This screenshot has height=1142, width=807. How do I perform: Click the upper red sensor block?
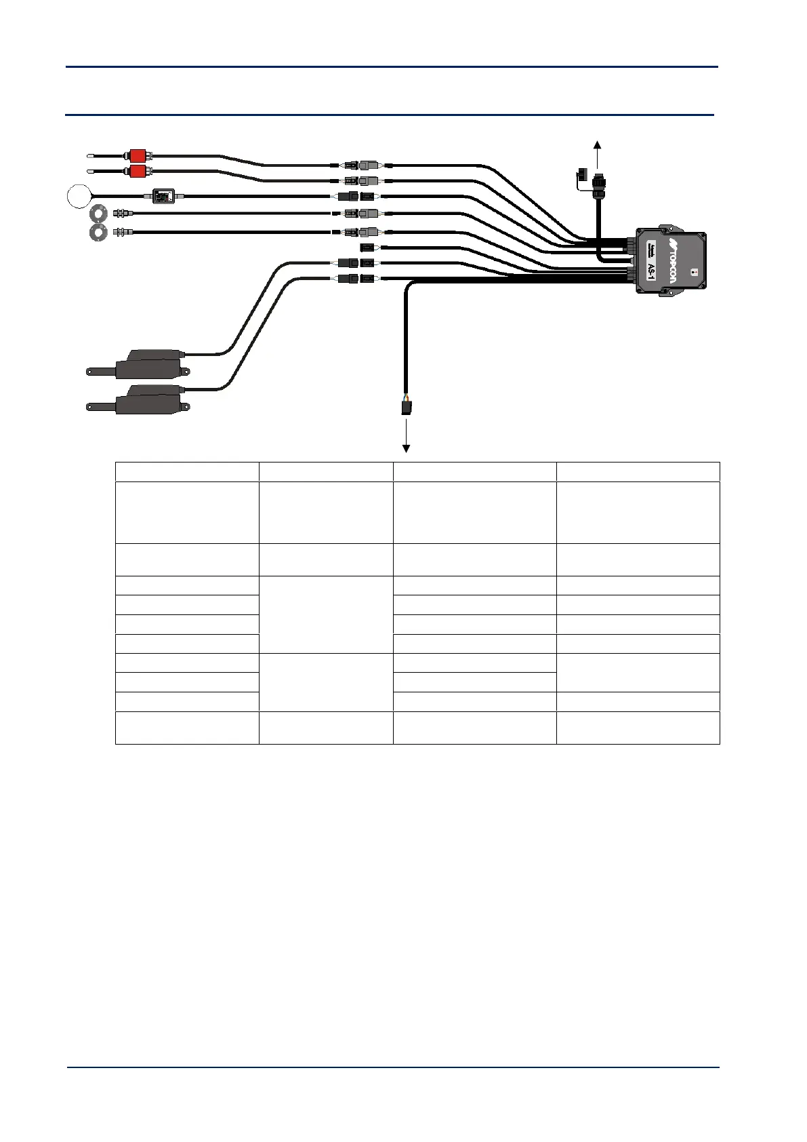(138, 155)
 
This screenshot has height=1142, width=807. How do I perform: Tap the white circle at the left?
(79, 196)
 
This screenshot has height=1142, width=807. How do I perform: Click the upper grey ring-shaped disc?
(99, 213)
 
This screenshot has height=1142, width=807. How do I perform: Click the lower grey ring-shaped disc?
(99, 232)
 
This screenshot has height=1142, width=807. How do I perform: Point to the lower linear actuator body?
(149, 399)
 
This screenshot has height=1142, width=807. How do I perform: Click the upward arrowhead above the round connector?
(597, 144)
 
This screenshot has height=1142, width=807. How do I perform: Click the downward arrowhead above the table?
(407, 448)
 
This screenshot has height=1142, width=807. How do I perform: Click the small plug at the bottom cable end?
(405, 408)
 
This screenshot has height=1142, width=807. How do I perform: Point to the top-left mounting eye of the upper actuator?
(91, 372)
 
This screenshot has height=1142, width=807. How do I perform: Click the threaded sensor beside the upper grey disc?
(122, 213)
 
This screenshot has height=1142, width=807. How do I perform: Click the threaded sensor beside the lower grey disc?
(122, 232)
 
